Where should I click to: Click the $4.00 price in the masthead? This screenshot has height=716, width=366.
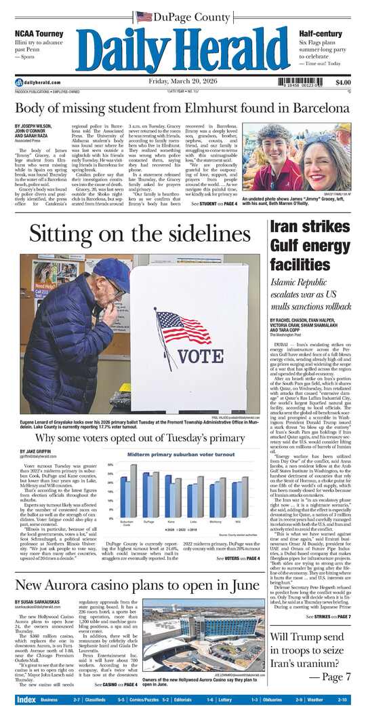(x=343, y=82)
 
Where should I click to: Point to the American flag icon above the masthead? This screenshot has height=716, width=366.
(x=144, y=16)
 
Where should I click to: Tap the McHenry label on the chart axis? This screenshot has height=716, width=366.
(x=213, y=521)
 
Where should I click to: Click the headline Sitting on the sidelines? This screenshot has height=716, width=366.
(x=140, y=234)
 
